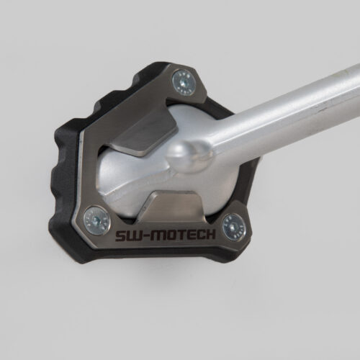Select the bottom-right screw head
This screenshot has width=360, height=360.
click(x=234, y=227)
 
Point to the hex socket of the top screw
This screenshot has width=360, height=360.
click(x=184, y=83)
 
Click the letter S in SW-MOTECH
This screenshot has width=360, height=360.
click(x=121, y=236)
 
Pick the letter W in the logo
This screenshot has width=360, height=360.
click(x=135, y=236)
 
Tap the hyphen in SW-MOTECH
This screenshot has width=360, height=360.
click(x=147, y=236)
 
